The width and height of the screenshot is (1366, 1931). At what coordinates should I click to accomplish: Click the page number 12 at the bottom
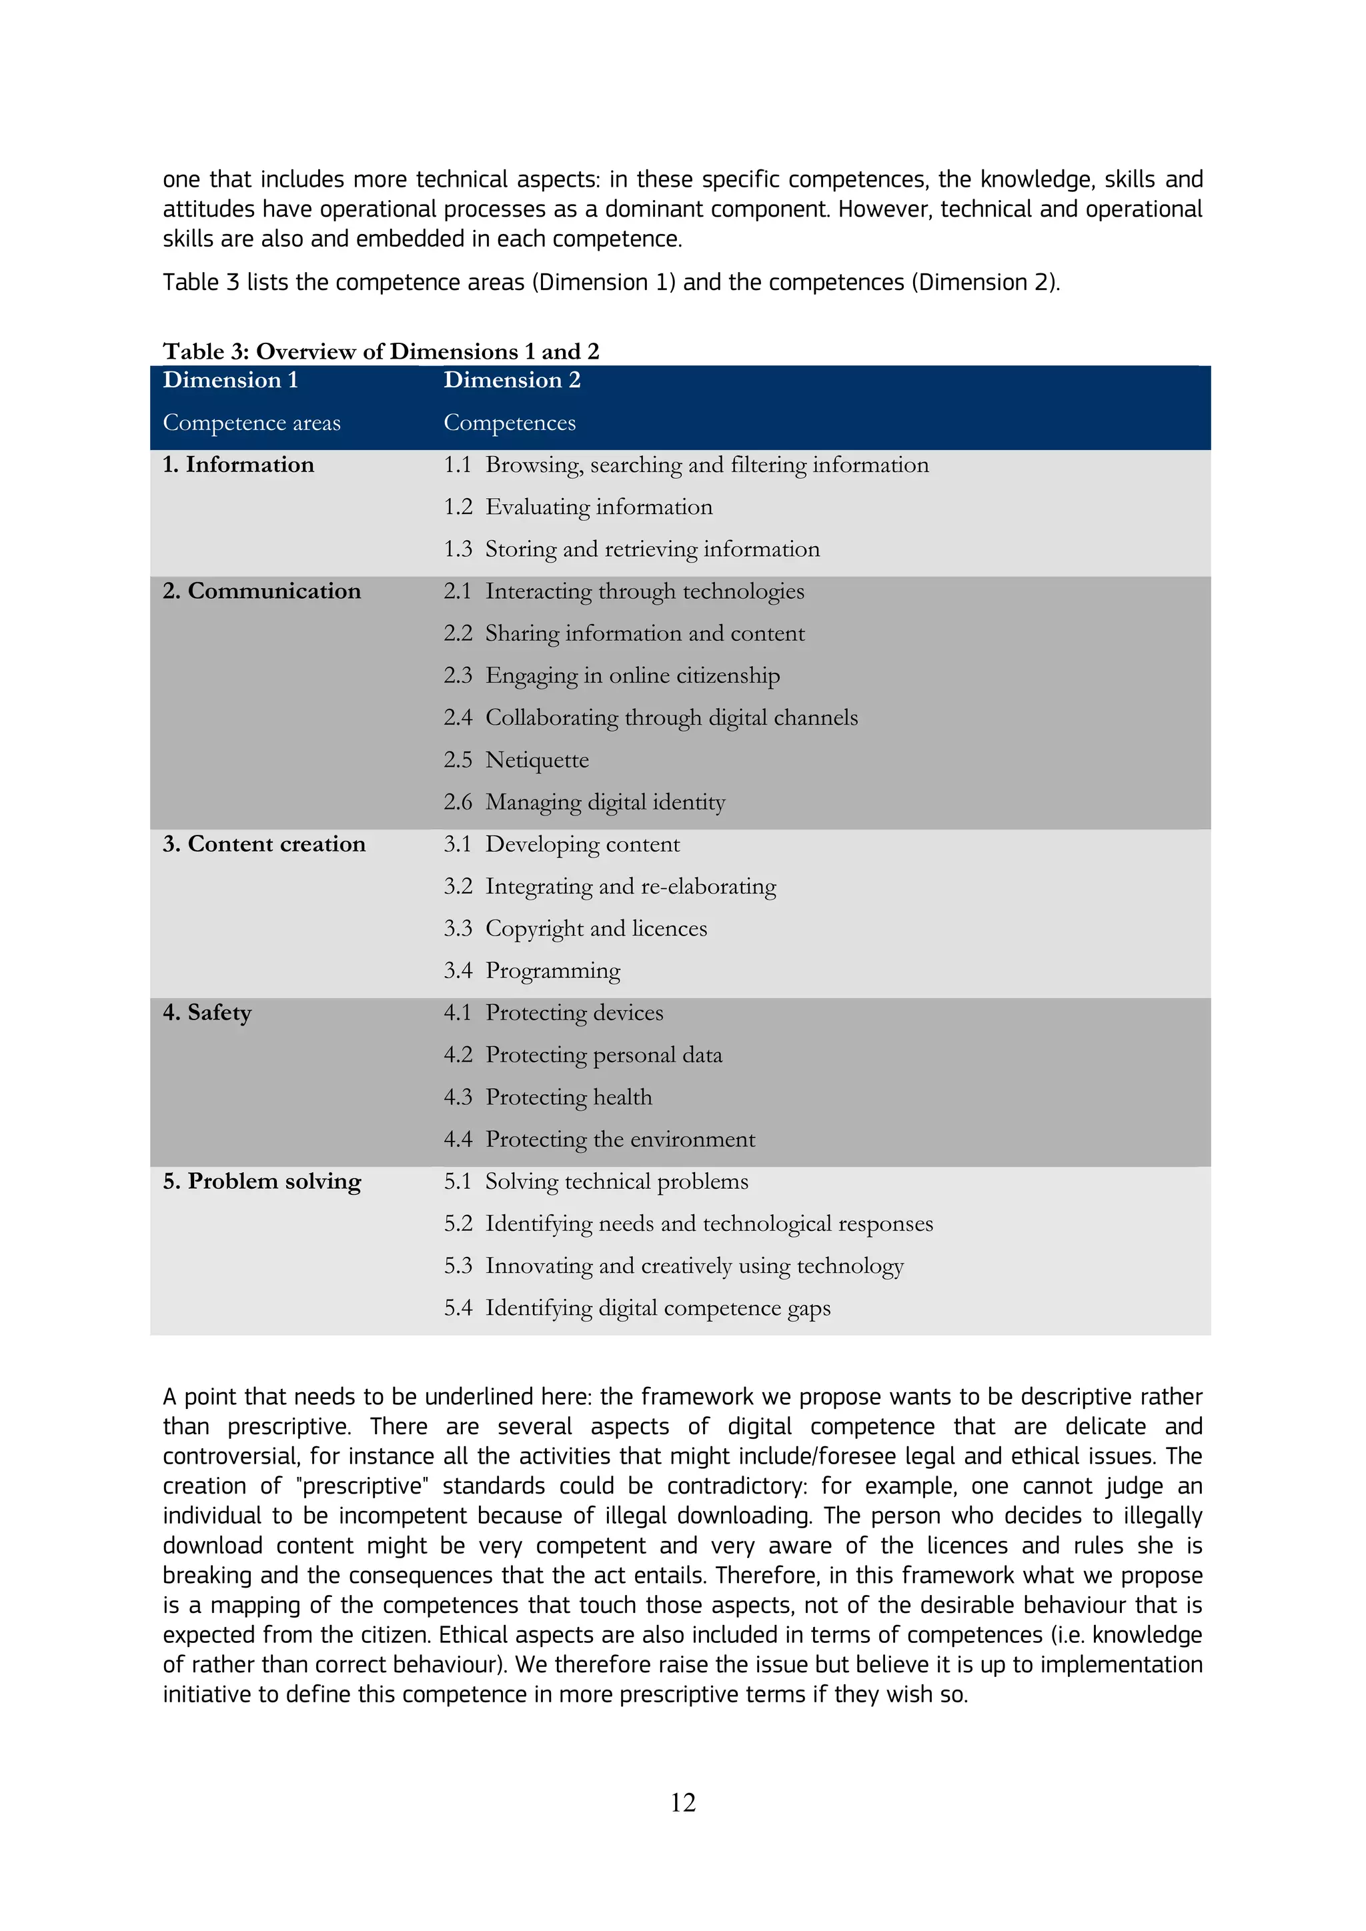(x=682, y=1802)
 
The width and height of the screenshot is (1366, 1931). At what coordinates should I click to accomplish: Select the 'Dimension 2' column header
(x=512, y=380)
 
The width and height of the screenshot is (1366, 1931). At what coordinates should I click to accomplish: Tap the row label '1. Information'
(x=238, y=465)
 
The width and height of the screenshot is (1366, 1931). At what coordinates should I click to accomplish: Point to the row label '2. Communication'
(x=261, y=591)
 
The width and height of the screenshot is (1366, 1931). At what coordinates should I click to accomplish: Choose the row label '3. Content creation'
(x=264, y=844)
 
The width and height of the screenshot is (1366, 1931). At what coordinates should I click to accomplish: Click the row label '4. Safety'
(x=207, y=1013)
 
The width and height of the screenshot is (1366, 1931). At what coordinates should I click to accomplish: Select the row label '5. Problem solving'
(x=261, y=1182)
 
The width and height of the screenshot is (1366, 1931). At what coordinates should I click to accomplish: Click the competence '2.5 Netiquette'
(x=516, y=760)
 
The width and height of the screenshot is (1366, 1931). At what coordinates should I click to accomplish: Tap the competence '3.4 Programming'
(x=532, y=972)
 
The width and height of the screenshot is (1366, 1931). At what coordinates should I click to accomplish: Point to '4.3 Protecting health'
(x=548, y=1098)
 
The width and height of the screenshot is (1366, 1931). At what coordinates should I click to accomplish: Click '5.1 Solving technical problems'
(x=596, y=1182)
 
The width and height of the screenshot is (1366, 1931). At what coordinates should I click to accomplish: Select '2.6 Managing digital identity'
(x=584, y=802)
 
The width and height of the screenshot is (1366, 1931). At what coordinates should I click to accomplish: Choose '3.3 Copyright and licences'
(x=576, y=929)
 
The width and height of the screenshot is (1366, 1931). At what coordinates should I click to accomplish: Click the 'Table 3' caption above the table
(x=380, y=351)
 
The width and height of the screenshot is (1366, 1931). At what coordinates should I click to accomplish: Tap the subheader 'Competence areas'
(x=251, y=423)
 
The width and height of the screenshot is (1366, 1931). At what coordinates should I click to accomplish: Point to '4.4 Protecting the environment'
(x=599, y=1140)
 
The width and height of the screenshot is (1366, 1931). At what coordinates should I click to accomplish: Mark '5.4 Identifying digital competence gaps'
(x=637, y=1309)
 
